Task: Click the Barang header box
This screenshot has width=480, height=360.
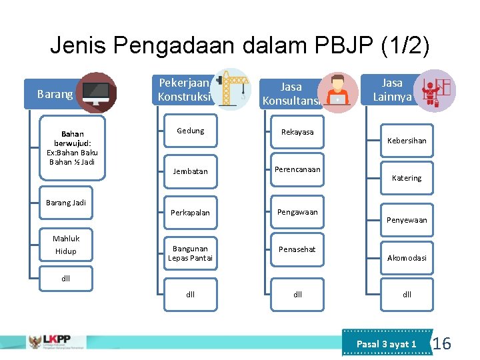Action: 55,94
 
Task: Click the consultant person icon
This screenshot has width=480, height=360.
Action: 338,92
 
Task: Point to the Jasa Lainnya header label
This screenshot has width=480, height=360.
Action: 392,90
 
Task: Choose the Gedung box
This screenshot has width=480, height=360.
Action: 190,131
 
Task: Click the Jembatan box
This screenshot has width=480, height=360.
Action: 190,171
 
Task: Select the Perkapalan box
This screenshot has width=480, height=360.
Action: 190,213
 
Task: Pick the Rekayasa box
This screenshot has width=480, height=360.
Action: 297,132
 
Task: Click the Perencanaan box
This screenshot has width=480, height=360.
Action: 297,169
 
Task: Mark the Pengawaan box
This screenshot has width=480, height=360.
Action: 297,212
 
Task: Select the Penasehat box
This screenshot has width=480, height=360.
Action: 297,249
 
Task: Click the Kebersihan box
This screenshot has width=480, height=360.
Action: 407,141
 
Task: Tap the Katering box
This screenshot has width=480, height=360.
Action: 407,178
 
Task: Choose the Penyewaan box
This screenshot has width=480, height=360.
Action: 407,220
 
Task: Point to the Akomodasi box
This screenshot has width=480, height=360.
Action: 407,258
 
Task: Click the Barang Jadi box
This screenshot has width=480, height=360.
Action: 66,203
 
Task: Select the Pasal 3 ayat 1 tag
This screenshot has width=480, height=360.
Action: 387,344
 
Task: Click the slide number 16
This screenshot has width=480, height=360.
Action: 442,344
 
